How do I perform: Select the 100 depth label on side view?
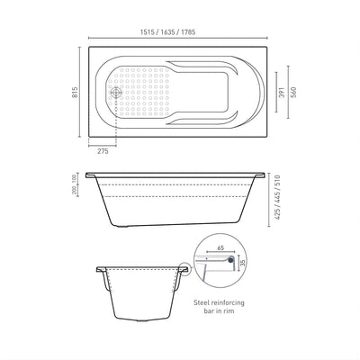75,180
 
